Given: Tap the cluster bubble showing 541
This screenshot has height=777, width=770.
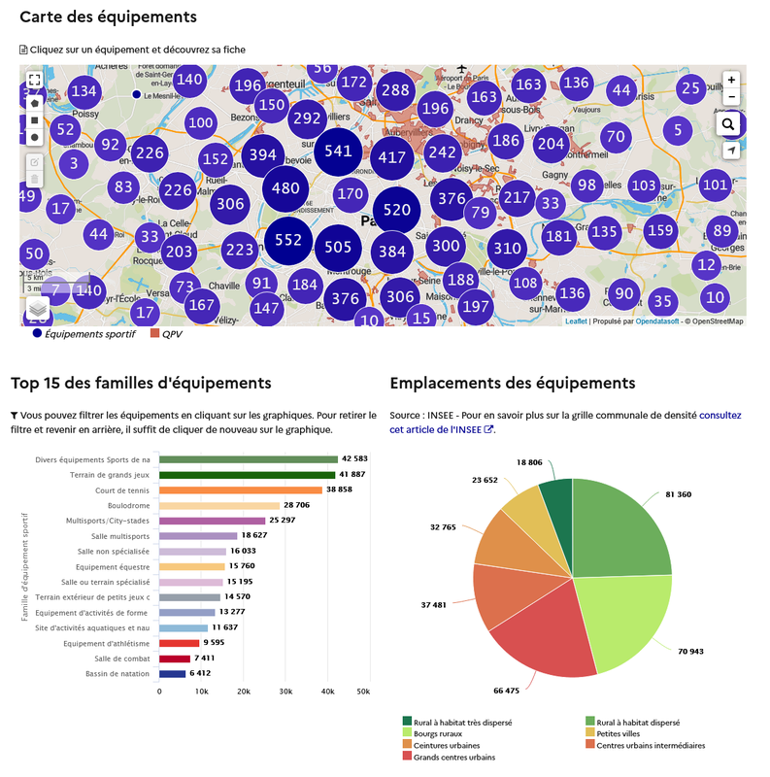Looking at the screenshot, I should click(338, 151).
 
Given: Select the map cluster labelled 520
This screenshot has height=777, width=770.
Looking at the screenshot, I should click(396, 210).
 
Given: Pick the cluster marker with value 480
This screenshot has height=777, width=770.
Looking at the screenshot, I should click(286, 188).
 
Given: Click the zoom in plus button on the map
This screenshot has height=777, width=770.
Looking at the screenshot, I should click(731, 80).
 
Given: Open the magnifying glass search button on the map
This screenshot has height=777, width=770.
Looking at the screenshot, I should click(730, 124).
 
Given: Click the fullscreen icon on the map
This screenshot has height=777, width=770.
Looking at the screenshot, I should click(34, 81).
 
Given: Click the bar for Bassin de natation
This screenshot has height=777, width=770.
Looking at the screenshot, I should click(172, 673).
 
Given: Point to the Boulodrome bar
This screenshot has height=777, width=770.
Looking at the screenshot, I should click(219, 505).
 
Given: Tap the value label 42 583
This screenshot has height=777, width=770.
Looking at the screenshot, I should click(360, 459).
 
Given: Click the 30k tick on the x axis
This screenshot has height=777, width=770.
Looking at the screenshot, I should click(286, 692).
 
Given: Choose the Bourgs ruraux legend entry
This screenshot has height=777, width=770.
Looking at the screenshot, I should click(437, 733).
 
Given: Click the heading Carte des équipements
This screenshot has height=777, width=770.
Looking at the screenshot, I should click(108, 17).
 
